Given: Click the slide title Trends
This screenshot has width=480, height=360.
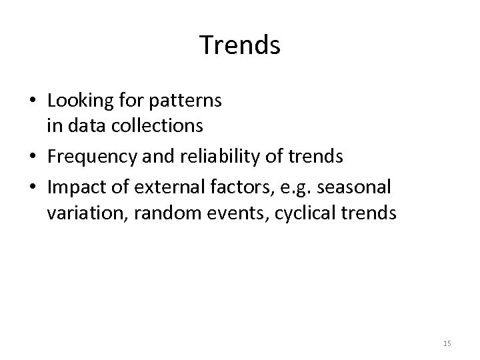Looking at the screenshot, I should click(240, 45).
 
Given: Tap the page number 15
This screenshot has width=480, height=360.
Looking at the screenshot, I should click(447, 343).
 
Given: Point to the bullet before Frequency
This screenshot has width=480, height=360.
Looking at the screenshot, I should click(33, 157).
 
